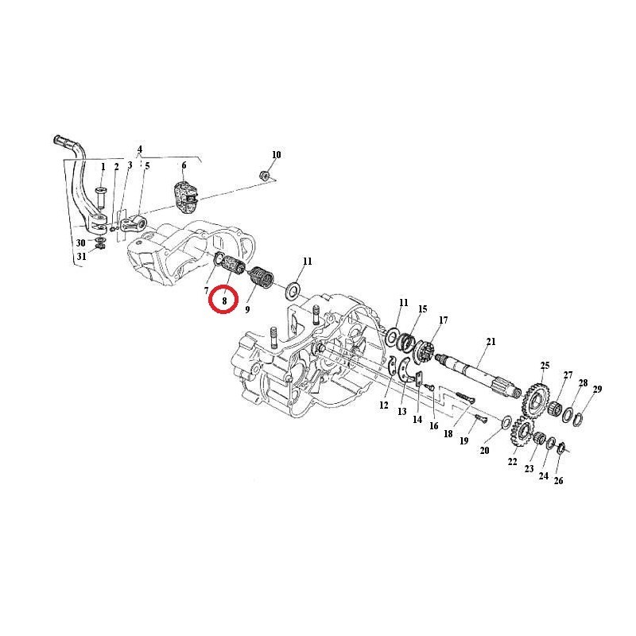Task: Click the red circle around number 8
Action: coord(223,300)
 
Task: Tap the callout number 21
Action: coord(491,342)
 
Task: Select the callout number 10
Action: coord(276,154)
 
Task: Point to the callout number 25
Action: coord(545,366)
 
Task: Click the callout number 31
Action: coord(82,257)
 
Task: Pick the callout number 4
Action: coord(140,149)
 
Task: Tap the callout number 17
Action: coord(444,320)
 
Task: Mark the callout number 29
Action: coord(597,389)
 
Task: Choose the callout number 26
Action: coord(559,481)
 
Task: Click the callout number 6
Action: coord(184,165)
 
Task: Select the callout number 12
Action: coord(384,405)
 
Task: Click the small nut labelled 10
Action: coord(265,176)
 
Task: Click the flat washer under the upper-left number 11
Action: coord(293,290)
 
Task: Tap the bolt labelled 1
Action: coord(100,197)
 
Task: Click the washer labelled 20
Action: coord(506,422)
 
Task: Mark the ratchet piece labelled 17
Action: coord(424,351)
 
